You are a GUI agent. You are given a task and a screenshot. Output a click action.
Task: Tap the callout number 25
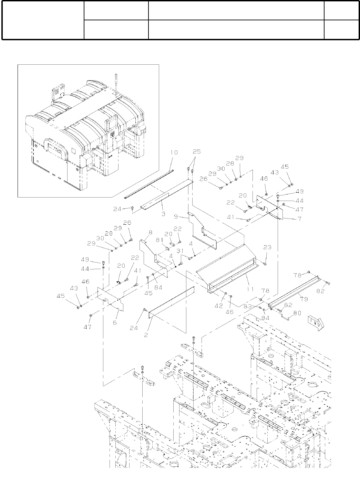[x=196, y=152]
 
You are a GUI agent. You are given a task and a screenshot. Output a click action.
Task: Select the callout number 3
[x=164, y=214]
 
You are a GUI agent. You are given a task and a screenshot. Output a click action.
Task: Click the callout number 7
[x=299, y=219]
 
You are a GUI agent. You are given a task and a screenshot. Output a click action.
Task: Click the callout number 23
[x=267, y=247]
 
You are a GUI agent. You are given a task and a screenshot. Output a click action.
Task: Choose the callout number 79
[x=304, y=299]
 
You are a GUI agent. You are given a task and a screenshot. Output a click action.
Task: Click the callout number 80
[x=297, y=314]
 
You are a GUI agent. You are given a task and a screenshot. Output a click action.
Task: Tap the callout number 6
[x=115, y=322]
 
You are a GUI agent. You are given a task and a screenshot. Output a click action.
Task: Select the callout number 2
[x=146, y=334]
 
